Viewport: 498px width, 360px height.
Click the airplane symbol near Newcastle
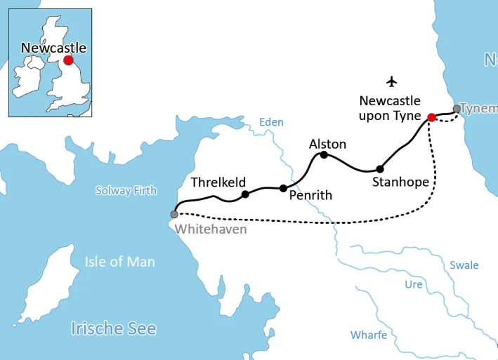pos(392,81)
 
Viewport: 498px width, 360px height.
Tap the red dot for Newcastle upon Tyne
pos(432,117)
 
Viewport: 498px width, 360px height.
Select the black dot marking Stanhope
pos(380,168)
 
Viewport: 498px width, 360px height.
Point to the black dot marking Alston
pos(325,154)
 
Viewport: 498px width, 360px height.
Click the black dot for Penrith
pos(283,188)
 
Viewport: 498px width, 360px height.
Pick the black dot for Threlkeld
pos(245,194)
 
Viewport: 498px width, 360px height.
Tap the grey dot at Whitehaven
pos(174,214)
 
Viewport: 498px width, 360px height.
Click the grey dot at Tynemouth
pos(457,109)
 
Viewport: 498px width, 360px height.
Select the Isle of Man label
pos(120,262)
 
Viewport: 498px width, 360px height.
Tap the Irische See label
pos(113,328)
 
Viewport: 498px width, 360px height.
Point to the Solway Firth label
pos(126,191)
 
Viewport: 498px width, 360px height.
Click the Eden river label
pos(271,122)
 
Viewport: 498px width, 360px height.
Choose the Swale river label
pos(464,265)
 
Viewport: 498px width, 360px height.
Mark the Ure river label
pos(414,284)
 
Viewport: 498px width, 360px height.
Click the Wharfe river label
pos(369,335)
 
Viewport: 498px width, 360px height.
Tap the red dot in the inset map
pos(68,60)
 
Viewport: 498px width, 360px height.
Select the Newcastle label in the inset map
pos(53,48)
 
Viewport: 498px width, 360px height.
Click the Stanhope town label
pos(400,182)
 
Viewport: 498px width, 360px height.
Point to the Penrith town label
pos(310,195)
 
